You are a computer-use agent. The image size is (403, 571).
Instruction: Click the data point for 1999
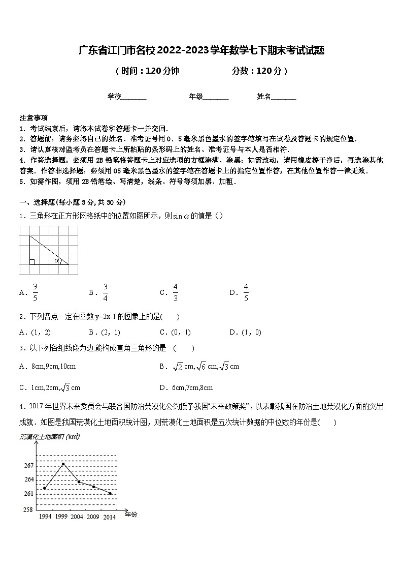(x=63, y=464)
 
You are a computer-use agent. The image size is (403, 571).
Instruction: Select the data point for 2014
(x=110, y=493)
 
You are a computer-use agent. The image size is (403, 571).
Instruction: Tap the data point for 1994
(x=45, y=488)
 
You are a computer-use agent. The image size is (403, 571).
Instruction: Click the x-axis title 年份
(x=131, y=515)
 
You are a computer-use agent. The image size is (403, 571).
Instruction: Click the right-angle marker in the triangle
(x=32, y=262)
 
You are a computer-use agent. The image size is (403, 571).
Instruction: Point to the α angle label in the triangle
(x=57, y=261)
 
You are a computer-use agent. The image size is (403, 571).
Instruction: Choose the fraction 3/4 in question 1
(x=105, y=292)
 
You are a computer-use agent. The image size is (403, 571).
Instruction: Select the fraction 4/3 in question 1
(x=176, y=292)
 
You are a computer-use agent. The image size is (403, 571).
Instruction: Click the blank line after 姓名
(x=284, y=97)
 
